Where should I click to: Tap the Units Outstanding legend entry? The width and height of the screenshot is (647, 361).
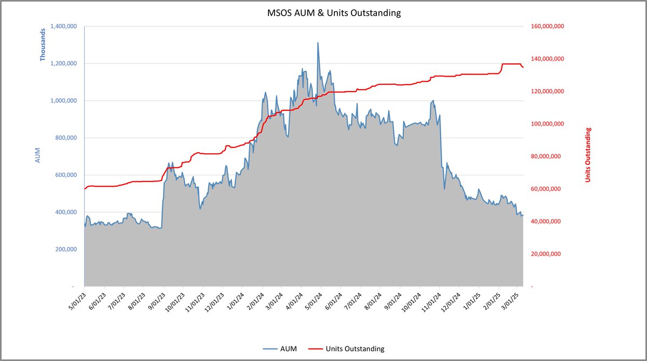tap(355, 349)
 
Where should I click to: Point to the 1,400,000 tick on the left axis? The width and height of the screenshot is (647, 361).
tap(64, 26)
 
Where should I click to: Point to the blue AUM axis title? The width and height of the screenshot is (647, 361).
tap(38, 156)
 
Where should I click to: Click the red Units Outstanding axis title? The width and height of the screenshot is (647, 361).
tap(588, 154)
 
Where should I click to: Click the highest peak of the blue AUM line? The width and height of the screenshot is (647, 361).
tap(318, 43)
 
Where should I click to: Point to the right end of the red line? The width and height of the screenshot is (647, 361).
tap(523, 67)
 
